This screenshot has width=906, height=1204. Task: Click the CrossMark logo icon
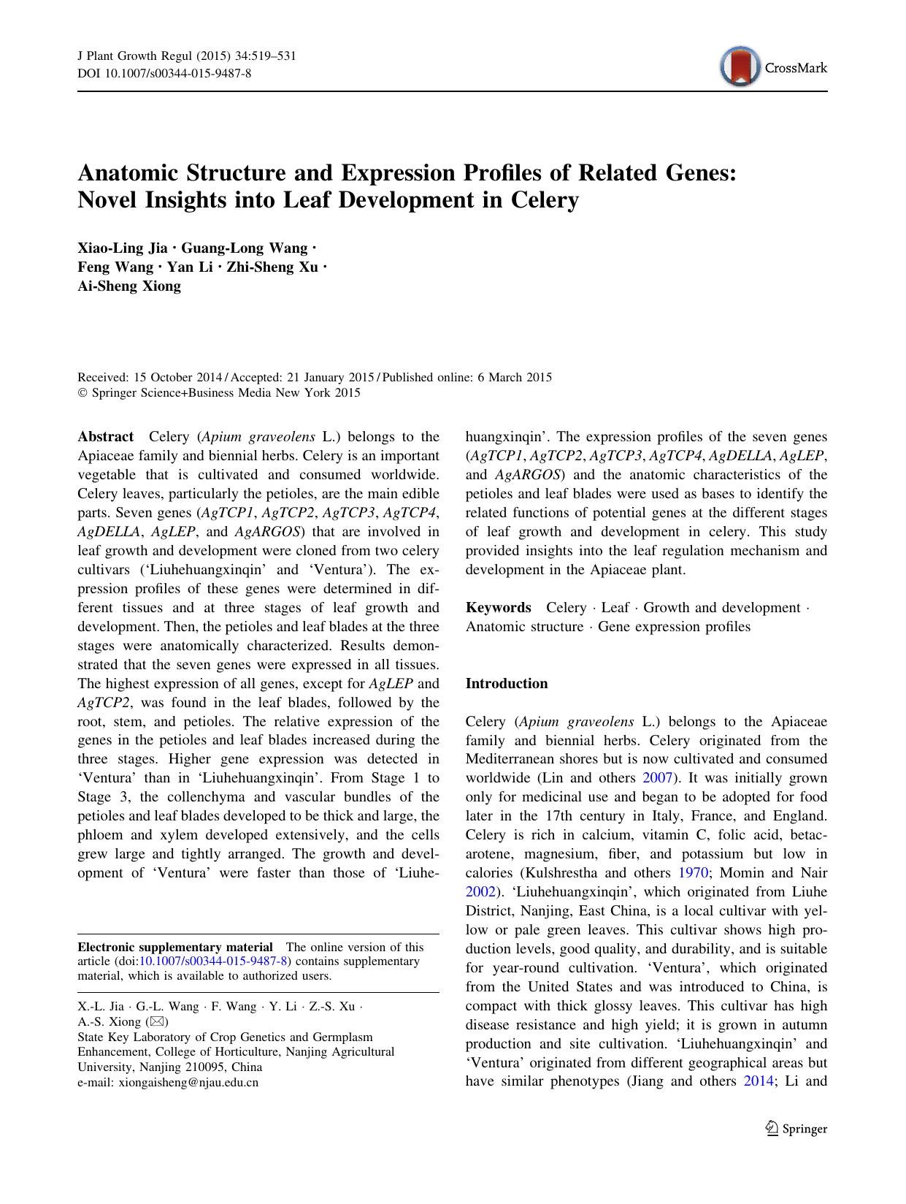[x=739, y=67]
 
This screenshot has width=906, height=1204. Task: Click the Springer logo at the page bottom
[x=796, y=1129]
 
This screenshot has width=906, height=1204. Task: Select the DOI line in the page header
[x=164, y=74]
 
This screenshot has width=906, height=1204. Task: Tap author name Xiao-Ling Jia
[x=122, y=248]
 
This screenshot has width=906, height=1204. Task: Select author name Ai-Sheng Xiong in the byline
[x=129, y=286]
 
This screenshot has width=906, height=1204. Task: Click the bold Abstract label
[x=105, y=437]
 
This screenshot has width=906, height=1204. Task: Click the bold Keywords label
[x=498, y=608]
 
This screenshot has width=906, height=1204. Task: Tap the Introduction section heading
[x=506, y=684]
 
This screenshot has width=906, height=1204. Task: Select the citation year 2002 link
[x=480, y=892]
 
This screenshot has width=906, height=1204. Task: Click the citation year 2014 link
[x=757, y=1082]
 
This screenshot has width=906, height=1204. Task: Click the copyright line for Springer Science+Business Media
[x=219, y=393]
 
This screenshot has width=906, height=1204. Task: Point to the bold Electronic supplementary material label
[x=175, y=947]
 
